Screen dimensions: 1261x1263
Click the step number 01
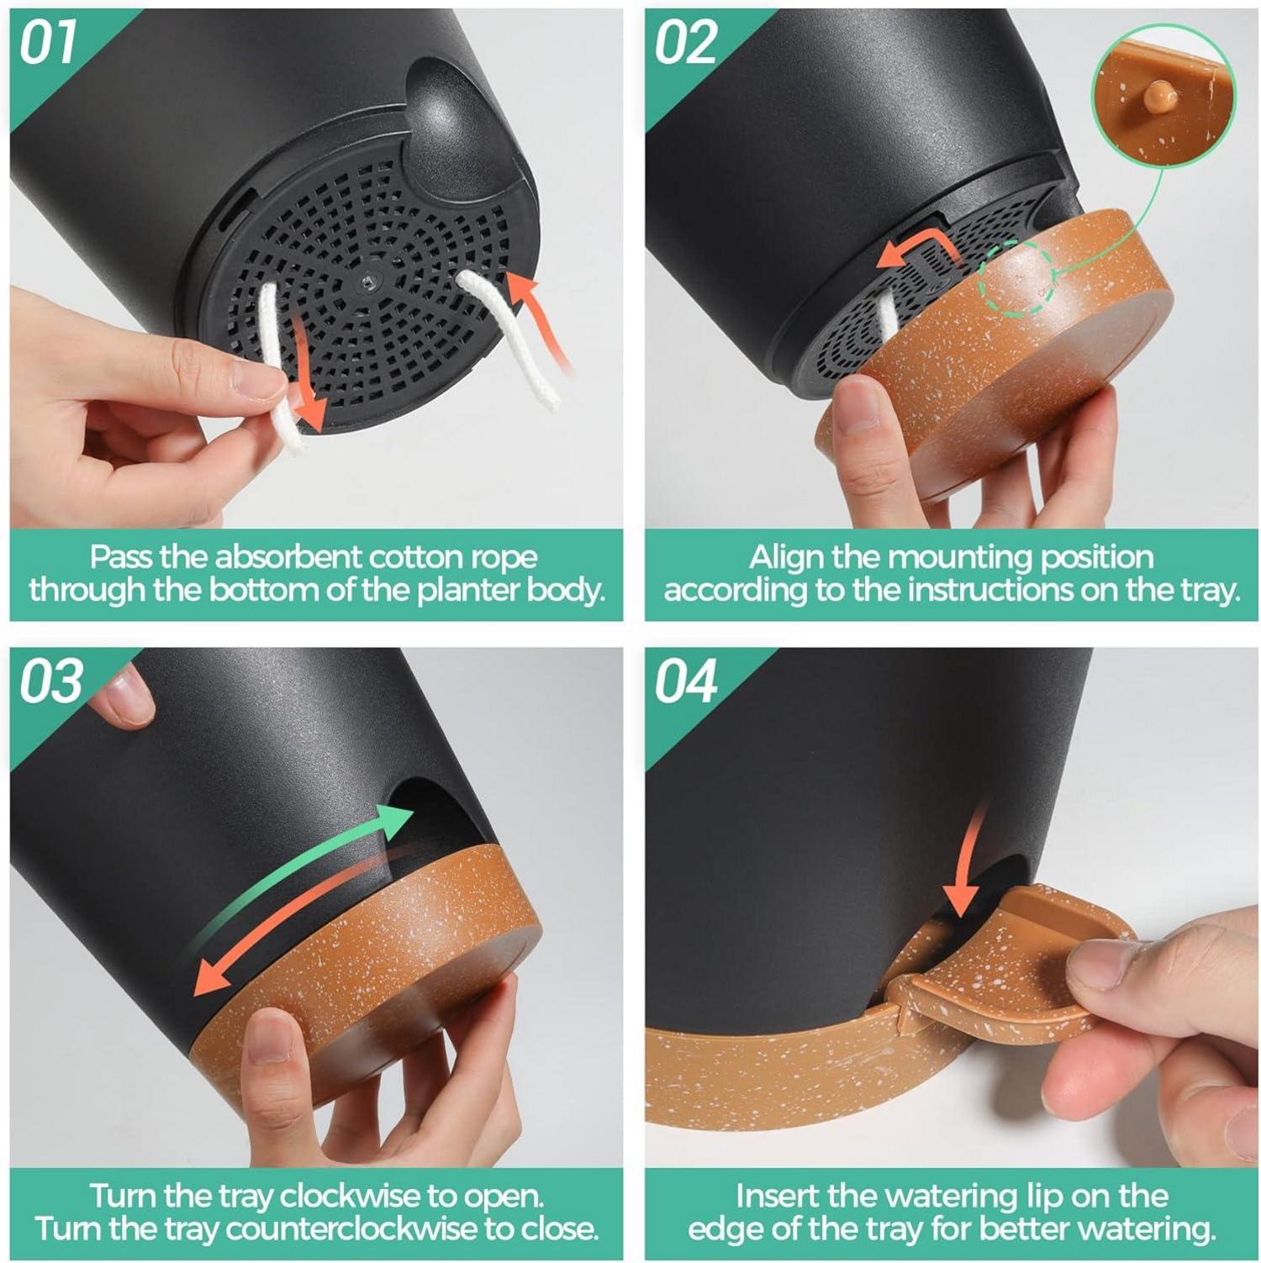(x=48, y=43)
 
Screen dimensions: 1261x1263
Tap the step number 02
(x=685, y=43)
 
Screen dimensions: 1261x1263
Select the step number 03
(x=51, y=681)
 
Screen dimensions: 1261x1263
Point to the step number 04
(x=686, y=681)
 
